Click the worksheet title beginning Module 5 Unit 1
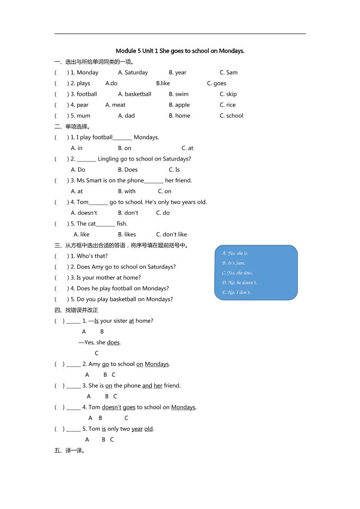[x=180, y=51]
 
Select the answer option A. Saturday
[x=133, y=73]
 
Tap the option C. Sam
[x=228, y=73]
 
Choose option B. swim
[x=178, y=94]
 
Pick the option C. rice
[x=227, y=105]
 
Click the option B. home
[x=179, y=116]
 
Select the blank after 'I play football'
[x=122, y=138]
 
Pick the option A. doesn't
[x=84, y=213]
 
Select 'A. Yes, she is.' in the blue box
[x=235, y=253]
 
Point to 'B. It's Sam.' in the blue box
[x=233, y=263]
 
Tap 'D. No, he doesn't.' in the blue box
[x=239, y=283]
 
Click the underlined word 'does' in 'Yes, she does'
[x=113, y=343]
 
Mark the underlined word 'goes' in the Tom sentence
[x=129, y=407]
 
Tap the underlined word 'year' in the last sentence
[x=137, y=429]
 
